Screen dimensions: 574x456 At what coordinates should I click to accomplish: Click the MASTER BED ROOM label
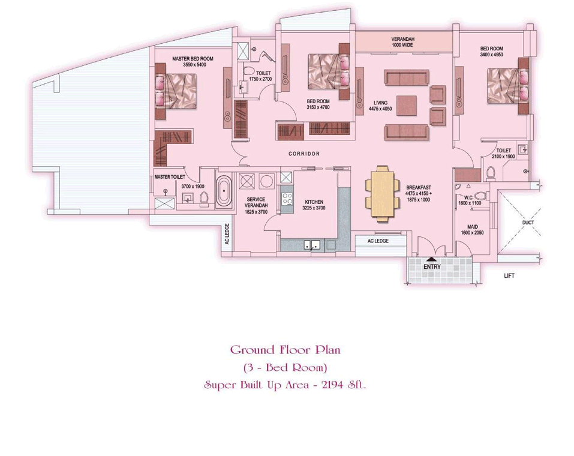(193, 59)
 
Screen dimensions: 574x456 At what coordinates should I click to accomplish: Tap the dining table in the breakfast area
(383, 194)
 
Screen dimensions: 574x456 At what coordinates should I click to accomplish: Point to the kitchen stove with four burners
(287, 199)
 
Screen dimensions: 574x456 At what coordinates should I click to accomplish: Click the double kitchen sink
(312, 245)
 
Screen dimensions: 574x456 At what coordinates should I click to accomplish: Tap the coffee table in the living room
(406, 106)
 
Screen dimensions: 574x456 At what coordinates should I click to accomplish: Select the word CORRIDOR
(304, 154)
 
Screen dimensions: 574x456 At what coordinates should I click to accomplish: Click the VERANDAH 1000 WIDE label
(402, 42)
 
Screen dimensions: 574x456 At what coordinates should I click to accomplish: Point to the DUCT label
(528, 223)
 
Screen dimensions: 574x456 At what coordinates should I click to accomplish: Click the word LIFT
(509, 276)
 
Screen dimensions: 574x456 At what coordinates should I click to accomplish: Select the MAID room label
(472, 227)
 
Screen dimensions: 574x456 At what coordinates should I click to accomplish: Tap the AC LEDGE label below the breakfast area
(378, 241)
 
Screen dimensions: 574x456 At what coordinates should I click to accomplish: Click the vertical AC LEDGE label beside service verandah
(227, 234)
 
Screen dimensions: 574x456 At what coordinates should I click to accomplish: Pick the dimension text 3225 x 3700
(314, 208)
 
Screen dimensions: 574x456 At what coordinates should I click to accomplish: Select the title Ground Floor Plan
(286, 350)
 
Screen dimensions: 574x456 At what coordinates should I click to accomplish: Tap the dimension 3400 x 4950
(492, 55)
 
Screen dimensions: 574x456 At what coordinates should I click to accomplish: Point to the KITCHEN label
(314, 202)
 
